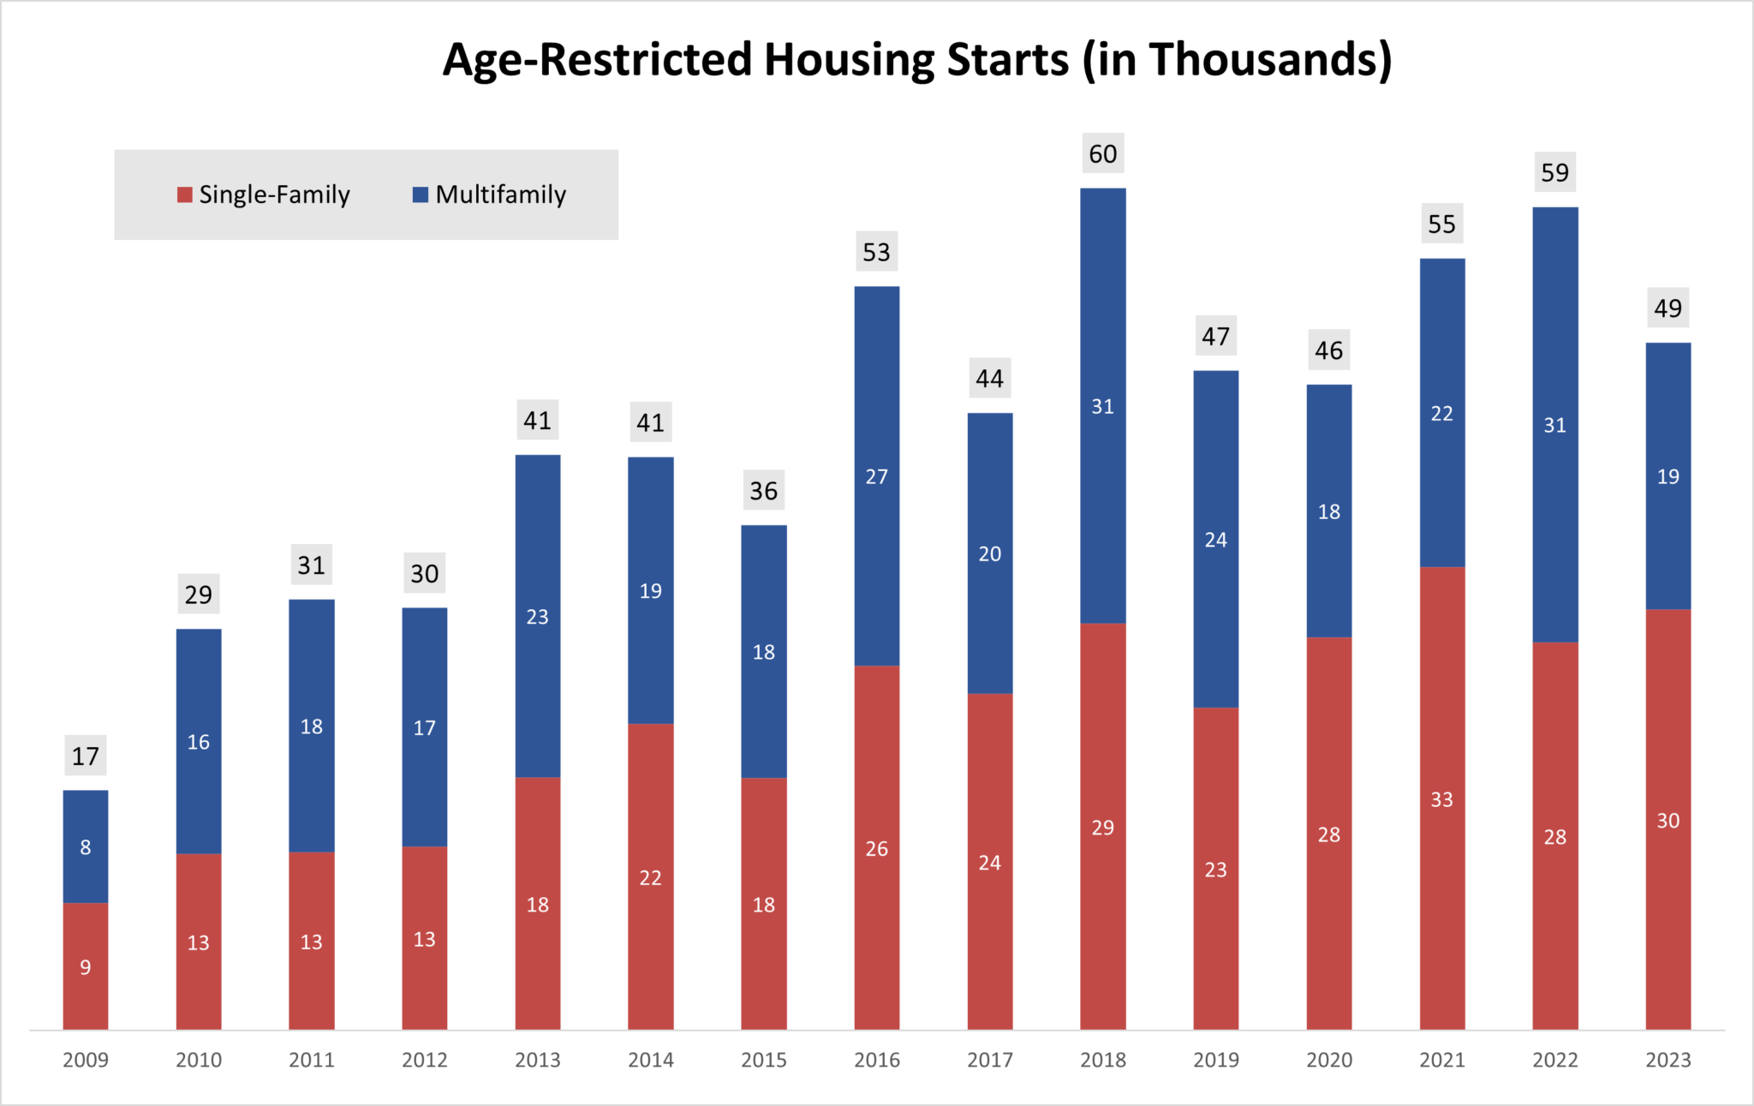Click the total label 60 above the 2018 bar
[1102, 154]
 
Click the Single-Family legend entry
[264, 195]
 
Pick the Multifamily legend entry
[490, 195]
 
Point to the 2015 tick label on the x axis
[764, 1061]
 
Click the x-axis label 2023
[1668, 1061]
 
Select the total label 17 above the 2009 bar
[86, 756]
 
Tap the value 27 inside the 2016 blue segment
[877, 477]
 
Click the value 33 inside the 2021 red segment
[1442, 800]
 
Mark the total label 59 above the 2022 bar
[1554, 173]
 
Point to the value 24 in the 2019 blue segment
[1216, 541]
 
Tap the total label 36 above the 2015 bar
[764, 491]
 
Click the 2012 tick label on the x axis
[425, 1061]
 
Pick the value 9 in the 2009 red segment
[86, 968]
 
